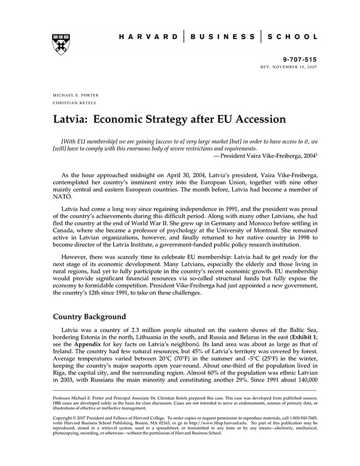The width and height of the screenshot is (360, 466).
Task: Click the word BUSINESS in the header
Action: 222,37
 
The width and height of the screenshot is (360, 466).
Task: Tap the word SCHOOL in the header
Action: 293,37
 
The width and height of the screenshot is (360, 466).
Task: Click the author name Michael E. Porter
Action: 76,95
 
